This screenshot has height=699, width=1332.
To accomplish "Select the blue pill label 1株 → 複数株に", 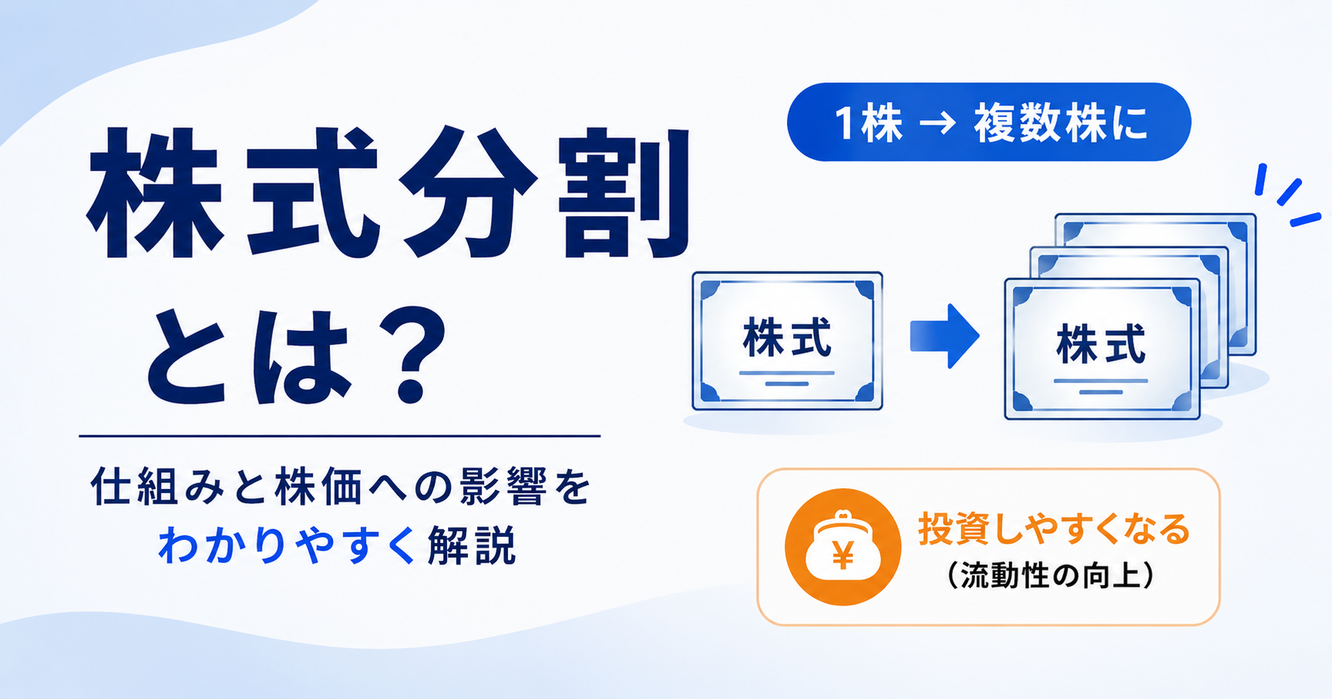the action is coord(989,122).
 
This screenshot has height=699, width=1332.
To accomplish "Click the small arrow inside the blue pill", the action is coord(937,122).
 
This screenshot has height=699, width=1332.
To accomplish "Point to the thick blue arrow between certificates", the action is coord(944,336).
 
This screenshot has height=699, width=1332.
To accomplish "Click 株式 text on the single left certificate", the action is coord(786,339).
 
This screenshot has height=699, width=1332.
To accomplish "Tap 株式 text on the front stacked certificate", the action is coord(1101,345).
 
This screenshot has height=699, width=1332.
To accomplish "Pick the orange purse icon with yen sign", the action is coord(843,547).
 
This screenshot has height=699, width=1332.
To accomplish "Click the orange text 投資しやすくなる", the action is coord(1053,530).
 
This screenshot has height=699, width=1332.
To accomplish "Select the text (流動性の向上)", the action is coord(1052,575).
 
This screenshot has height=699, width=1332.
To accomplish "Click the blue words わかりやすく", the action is coord(286,545).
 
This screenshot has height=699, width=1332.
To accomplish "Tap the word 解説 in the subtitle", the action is coord(471,545).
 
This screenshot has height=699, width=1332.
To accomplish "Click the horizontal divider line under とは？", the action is coord(339,436).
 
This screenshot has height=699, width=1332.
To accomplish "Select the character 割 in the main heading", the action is coord(625,194).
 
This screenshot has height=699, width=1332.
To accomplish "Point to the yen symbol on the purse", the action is coord(843,554).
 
